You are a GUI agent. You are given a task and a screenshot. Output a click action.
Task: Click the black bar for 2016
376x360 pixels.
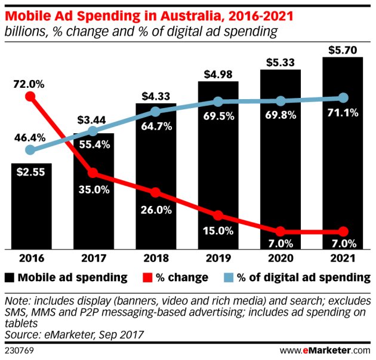point(31,206)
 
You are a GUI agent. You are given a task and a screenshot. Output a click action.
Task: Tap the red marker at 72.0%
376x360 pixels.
point(30,96)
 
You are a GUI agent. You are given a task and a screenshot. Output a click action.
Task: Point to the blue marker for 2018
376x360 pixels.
point(155,112)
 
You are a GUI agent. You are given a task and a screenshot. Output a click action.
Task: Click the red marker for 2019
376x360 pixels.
point(218,215)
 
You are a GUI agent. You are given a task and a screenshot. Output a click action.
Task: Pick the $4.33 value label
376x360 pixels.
point(156,96)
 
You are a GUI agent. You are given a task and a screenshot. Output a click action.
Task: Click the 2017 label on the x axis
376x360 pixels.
point(93,260)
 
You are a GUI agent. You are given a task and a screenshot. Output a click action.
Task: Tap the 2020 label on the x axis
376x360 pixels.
point(280,260)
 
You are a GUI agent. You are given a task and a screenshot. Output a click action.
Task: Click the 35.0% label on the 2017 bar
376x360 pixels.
point(93,190)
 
